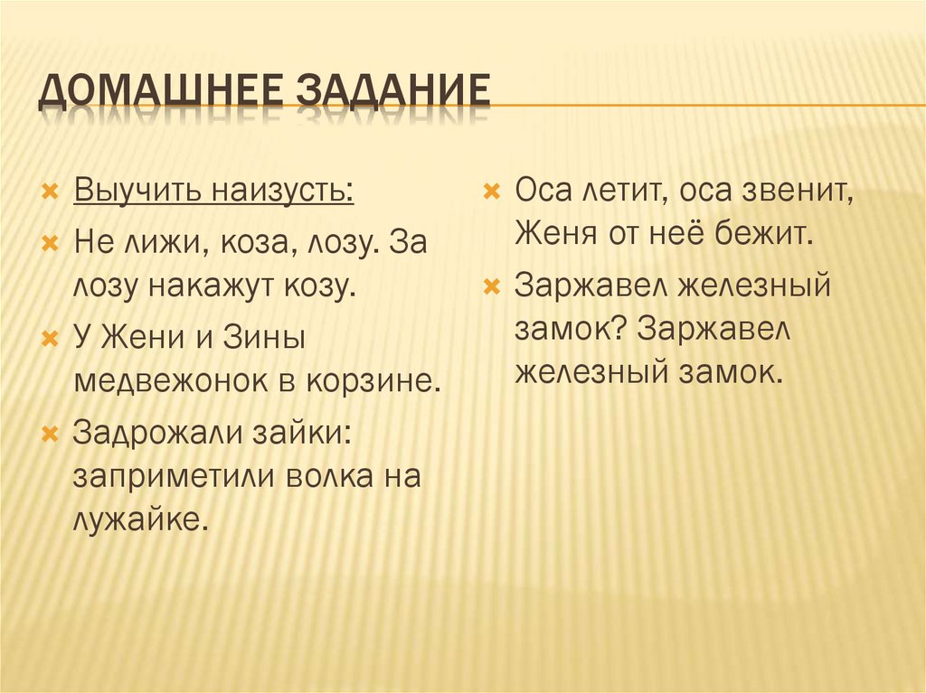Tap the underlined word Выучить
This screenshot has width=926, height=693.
click(138, 192)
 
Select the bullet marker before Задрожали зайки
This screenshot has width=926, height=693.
click(51, 434)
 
